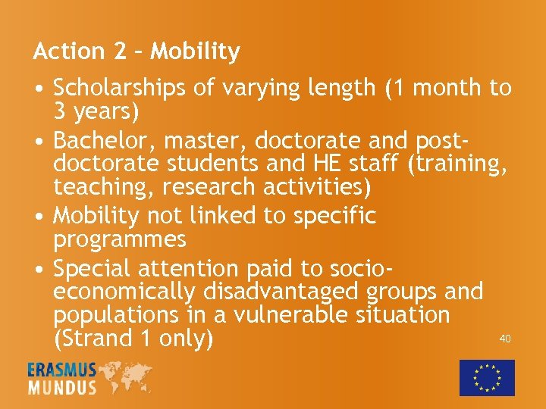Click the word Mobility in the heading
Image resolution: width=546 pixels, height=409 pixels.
(x=196, y=52)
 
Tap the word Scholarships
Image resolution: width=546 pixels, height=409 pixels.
(x=121, y=88)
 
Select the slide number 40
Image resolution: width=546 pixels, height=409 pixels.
(x=505, y=339)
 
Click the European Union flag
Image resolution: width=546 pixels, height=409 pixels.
(x=487, y=377)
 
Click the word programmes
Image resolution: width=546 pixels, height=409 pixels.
(x=120, y=239)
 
